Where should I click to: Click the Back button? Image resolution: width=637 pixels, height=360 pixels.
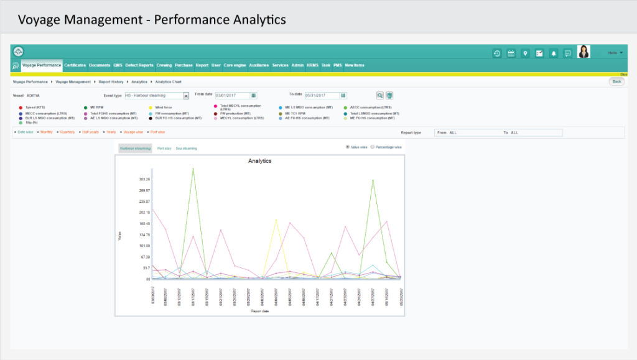[x=616, y=81]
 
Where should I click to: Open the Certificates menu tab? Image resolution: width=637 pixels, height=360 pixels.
[x=75, y=65]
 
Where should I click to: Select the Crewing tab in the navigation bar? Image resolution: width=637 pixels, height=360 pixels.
[x=164, y=65]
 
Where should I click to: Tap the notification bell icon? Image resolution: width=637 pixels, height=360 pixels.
[x=553, y=53]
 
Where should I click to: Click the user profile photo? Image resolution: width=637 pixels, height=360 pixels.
[x=584, y=52]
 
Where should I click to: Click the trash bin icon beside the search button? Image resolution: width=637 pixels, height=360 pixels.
[x=389, y=95]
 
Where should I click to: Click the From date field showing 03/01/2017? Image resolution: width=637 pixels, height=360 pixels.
[x=232, y=95]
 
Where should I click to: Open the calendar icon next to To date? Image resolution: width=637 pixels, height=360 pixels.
[x=343, y=95]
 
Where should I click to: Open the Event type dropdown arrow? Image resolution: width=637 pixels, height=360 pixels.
[x=186, y=96]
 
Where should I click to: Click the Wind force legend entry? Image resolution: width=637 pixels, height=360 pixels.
[x=164, y=108]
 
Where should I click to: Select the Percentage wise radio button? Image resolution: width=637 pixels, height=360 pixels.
[x=373, y=147]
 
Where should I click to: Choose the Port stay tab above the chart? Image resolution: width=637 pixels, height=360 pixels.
[x=164, y=149]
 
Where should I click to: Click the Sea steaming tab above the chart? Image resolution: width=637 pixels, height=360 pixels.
[x=187, y=149]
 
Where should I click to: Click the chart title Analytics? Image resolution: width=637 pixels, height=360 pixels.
[x=259, y=161]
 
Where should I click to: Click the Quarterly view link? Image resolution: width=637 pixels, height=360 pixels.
[x=67, y=132]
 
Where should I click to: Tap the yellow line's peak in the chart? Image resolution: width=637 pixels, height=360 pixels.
[x=276, y=219]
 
